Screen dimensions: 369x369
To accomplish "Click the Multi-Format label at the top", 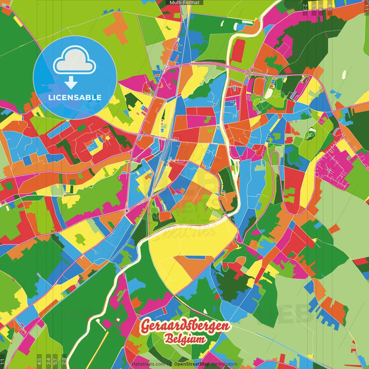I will coord(184,3).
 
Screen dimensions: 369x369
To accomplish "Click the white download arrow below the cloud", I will coord(71,83).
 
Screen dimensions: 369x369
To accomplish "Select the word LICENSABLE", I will coord(75,97).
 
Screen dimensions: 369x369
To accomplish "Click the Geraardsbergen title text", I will coord(185,326).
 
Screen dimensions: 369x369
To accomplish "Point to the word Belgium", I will coord(185,339).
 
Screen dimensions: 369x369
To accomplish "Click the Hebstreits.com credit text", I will coord(148,364).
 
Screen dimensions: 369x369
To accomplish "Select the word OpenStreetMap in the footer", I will coord(191,364).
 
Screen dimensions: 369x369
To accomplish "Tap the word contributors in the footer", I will coord(224,364).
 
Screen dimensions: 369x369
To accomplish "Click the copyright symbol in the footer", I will coord(171,364).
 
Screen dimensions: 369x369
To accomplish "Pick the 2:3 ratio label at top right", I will coord(305,7).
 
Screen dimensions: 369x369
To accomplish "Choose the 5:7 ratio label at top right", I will coord(314,7).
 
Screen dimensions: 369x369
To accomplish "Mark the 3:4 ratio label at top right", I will coord(321,7).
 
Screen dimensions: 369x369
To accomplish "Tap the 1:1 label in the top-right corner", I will coord(366,7).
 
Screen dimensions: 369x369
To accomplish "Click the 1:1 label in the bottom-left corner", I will coord(3,362).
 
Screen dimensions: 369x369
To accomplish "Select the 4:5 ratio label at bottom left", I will coord(39,362).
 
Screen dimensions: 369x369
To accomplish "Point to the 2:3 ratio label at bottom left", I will coord(64,362).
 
